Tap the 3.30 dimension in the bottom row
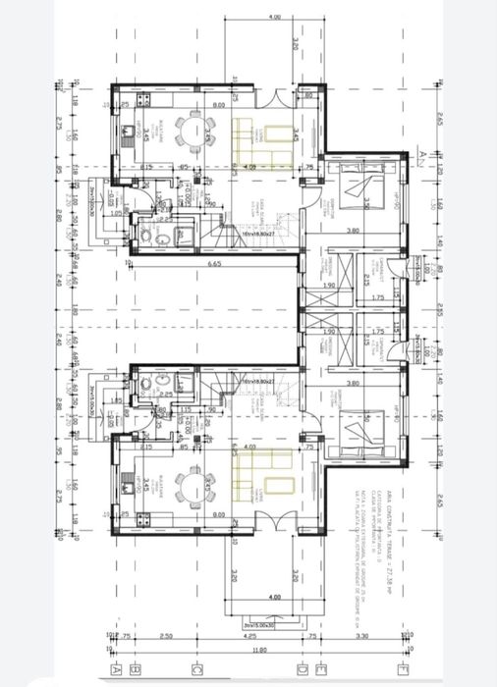click(x=361, y=635)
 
